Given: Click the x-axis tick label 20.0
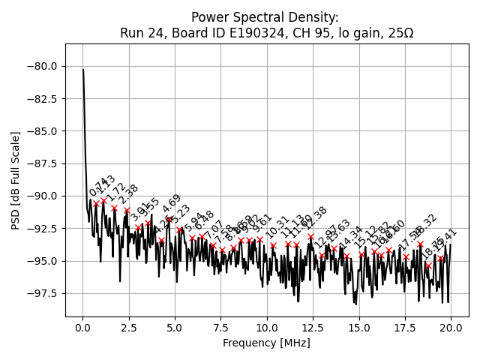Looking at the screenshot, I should (x=451, y=327).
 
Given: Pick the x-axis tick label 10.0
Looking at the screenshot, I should (x=267, y=327).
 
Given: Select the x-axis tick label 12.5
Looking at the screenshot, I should (x=313, y=327).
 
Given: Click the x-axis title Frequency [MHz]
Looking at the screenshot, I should (x=266, y=343).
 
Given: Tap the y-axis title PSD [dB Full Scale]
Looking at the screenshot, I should (x=15, y=180).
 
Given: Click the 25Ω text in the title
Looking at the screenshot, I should (x=398, y=33).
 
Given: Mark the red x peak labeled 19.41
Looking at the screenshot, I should (x=441, y=259).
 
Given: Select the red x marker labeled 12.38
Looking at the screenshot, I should (x=311, y=236).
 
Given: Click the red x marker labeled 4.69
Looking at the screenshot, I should (x=169, y=219).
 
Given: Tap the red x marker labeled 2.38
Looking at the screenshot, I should (x=127, y=210).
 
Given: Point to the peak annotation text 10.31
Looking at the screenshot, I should (x=277, y=226).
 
